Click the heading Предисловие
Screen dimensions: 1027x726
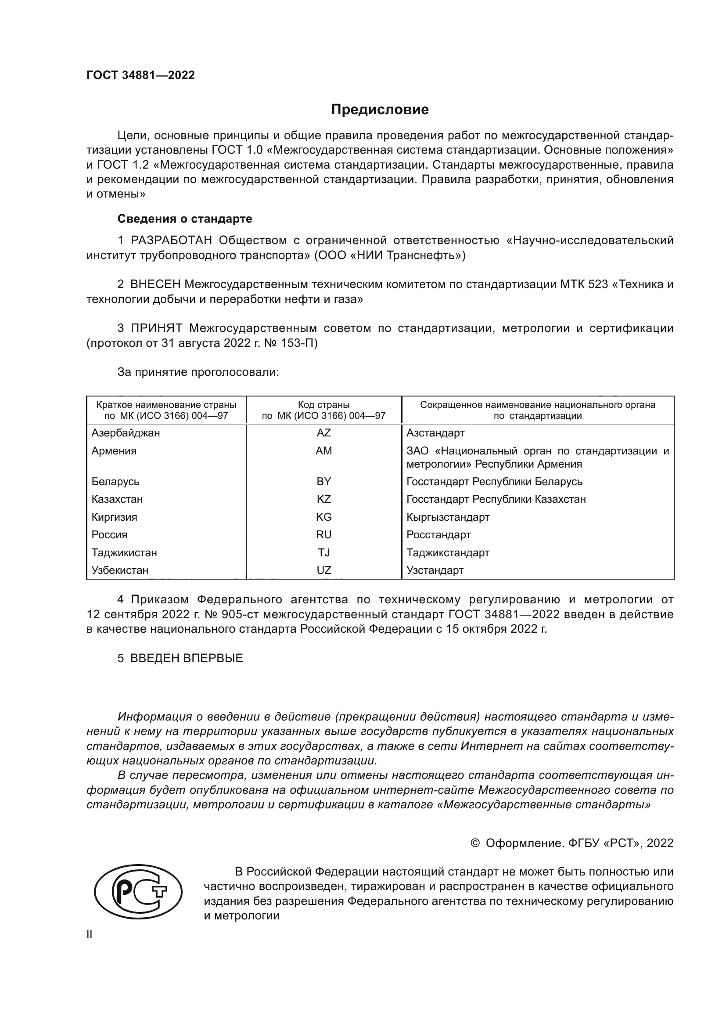(x=380, y=110)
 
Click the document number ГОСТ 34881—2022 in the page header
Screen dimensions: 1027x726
(x=140, y=75)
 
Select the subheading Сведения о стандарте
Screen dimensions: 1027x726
(x=185, y=219)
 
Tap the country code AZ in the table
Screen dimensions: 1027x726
(x=323, y=433)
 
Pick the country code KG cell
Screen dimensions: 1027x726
(x=323, y=517)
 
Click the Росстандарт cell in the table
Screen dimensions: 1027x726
(x=438, y=535)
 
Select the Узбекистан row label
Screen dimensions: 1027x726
(x=120, y=570)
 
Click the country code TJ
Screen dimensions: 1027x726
(x=323, y=553)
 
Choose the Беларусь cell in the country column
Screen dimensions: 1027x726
(x=115, y=482)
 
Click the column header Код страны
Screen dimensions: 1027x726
(x=323, y=405)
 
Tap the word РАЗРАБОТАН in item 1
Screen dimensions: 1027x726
(x=171, y=241)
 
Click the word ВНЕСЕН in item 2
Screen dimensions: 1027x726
(x=155, y=285)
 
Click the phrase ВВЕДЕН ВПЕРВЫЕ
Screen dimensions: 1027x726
(x=187, y=659)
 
